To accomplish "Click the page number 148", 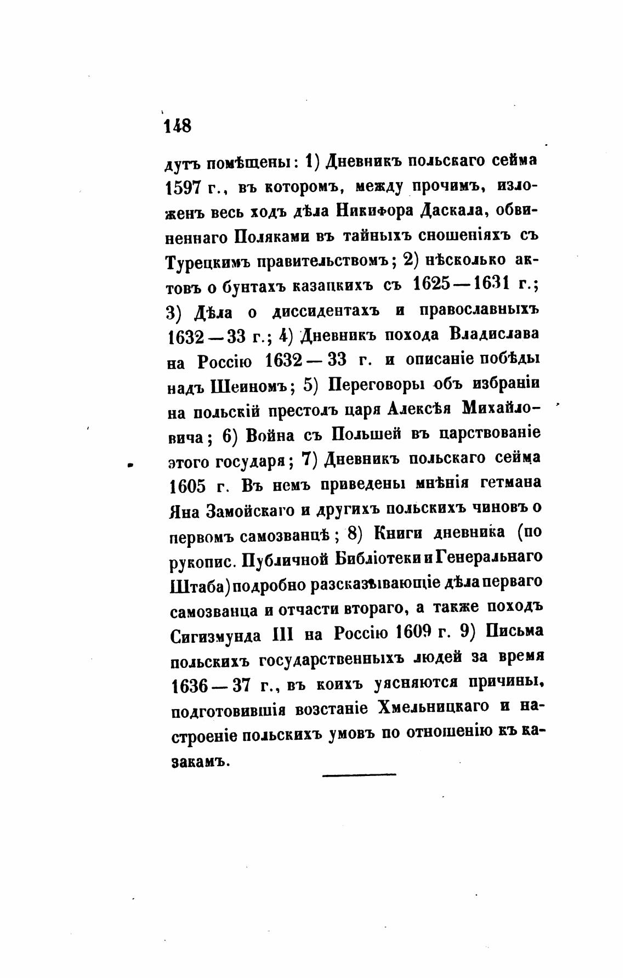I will coord(177,125).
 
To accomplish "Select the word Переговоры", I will coord(376,384).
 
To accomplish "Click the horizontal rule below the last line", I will coord(359,774).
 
